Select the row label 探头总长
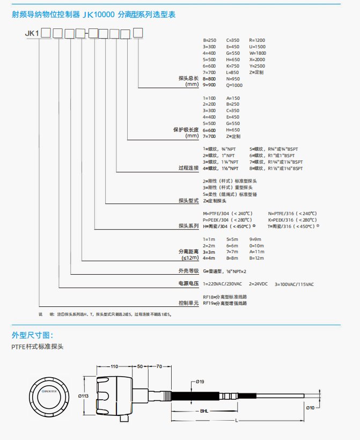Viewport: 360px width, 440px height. [188, 78]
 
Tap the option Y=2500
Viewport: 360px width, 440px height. [258, 65]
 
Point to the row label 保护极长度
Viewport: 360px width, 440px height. [185, 129]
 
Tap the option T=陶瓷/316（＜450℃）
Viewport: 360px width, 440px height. [293, 226]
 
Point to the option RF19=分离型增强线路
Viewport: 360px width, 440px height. [225, 303]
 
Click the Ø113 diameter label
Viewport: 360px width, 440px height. [84, 395]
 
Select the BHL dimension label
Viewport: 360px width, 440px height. [204, 410]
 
